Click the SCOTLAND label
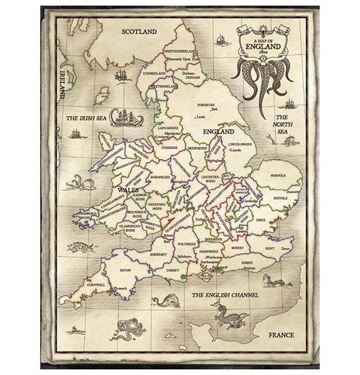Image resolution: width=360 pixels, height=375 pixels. [140, 32]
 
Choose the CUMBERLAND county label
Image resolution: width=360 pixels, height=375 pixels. [154, 73]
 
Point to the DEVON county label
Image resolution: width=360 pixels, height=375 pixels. [126, 270]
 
